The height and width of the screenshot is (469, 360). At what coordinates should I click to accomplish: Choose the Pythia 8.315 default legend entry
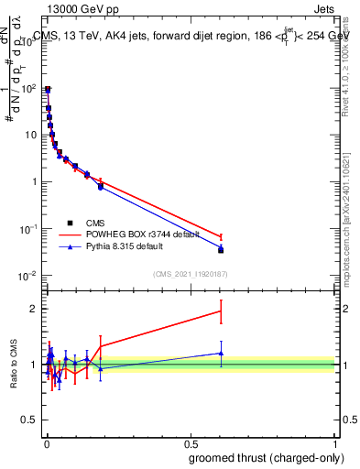[x=126, y=246]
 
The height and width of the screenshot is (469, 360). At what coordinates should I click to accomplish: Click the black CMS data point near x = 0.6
[x=221, y=250]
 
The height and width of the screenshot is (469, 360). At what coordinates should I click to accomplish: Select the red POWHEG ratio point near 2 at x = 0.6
[x=221, y=311]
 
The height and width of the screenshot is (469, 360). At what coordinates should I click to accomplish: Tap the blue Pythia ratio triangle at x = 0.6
[x=221, y=353]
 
